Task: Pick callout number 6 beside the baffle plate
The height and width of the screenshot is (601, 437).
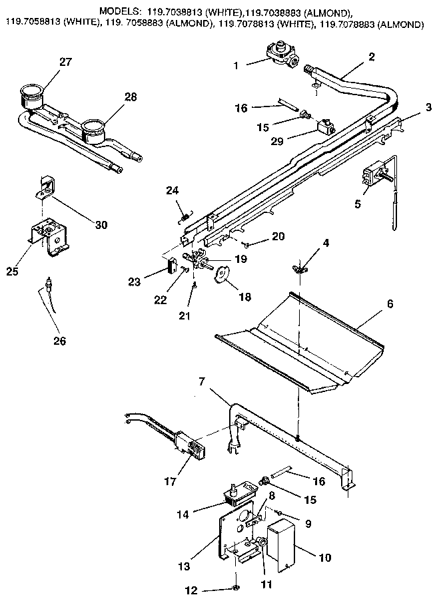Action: click(390, 303)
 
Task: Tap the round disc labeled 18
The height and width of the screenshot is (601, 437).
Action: click(222, 274)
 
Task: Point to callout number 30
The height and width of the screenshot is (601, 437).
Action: click(101, 224)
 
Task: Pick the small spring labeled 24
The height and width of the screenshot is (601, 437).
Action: click(185, 214)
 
